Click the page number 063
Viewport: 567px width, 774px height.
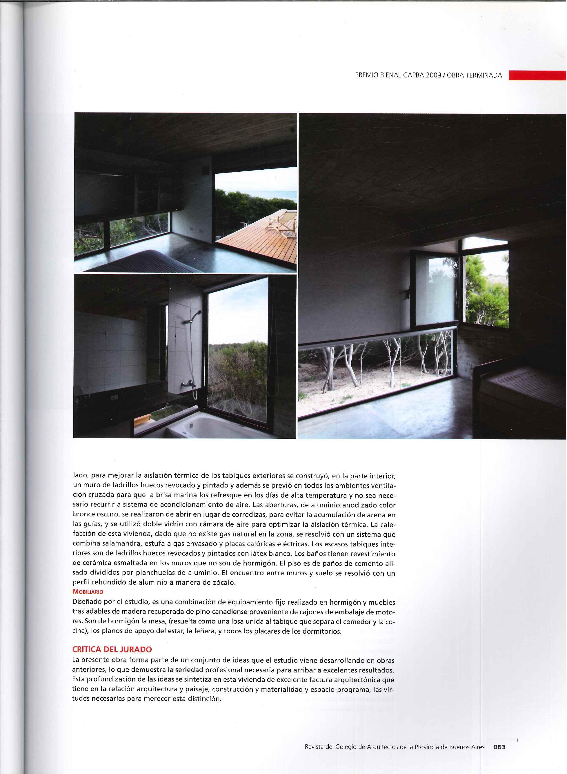[x=499, y=744]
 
